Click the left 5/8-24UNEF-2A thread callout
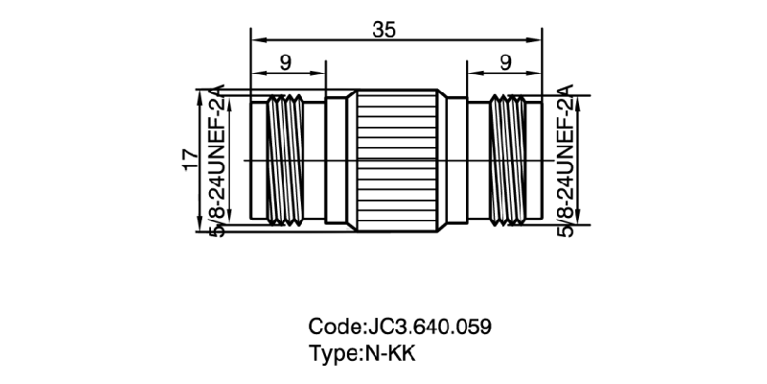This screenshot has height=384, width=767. pos(216,160)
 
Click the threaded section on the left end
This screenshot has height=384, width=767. pos(281,160)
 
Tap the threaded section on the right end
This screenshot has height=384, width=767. pos(504,160)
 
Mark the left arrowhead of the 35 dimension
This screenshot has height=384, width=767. pos(255,40)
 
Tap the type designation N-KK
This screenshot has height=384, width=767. pos(389,352)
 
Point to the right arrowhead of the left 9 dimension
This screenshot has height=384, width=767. pos(320,74)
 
